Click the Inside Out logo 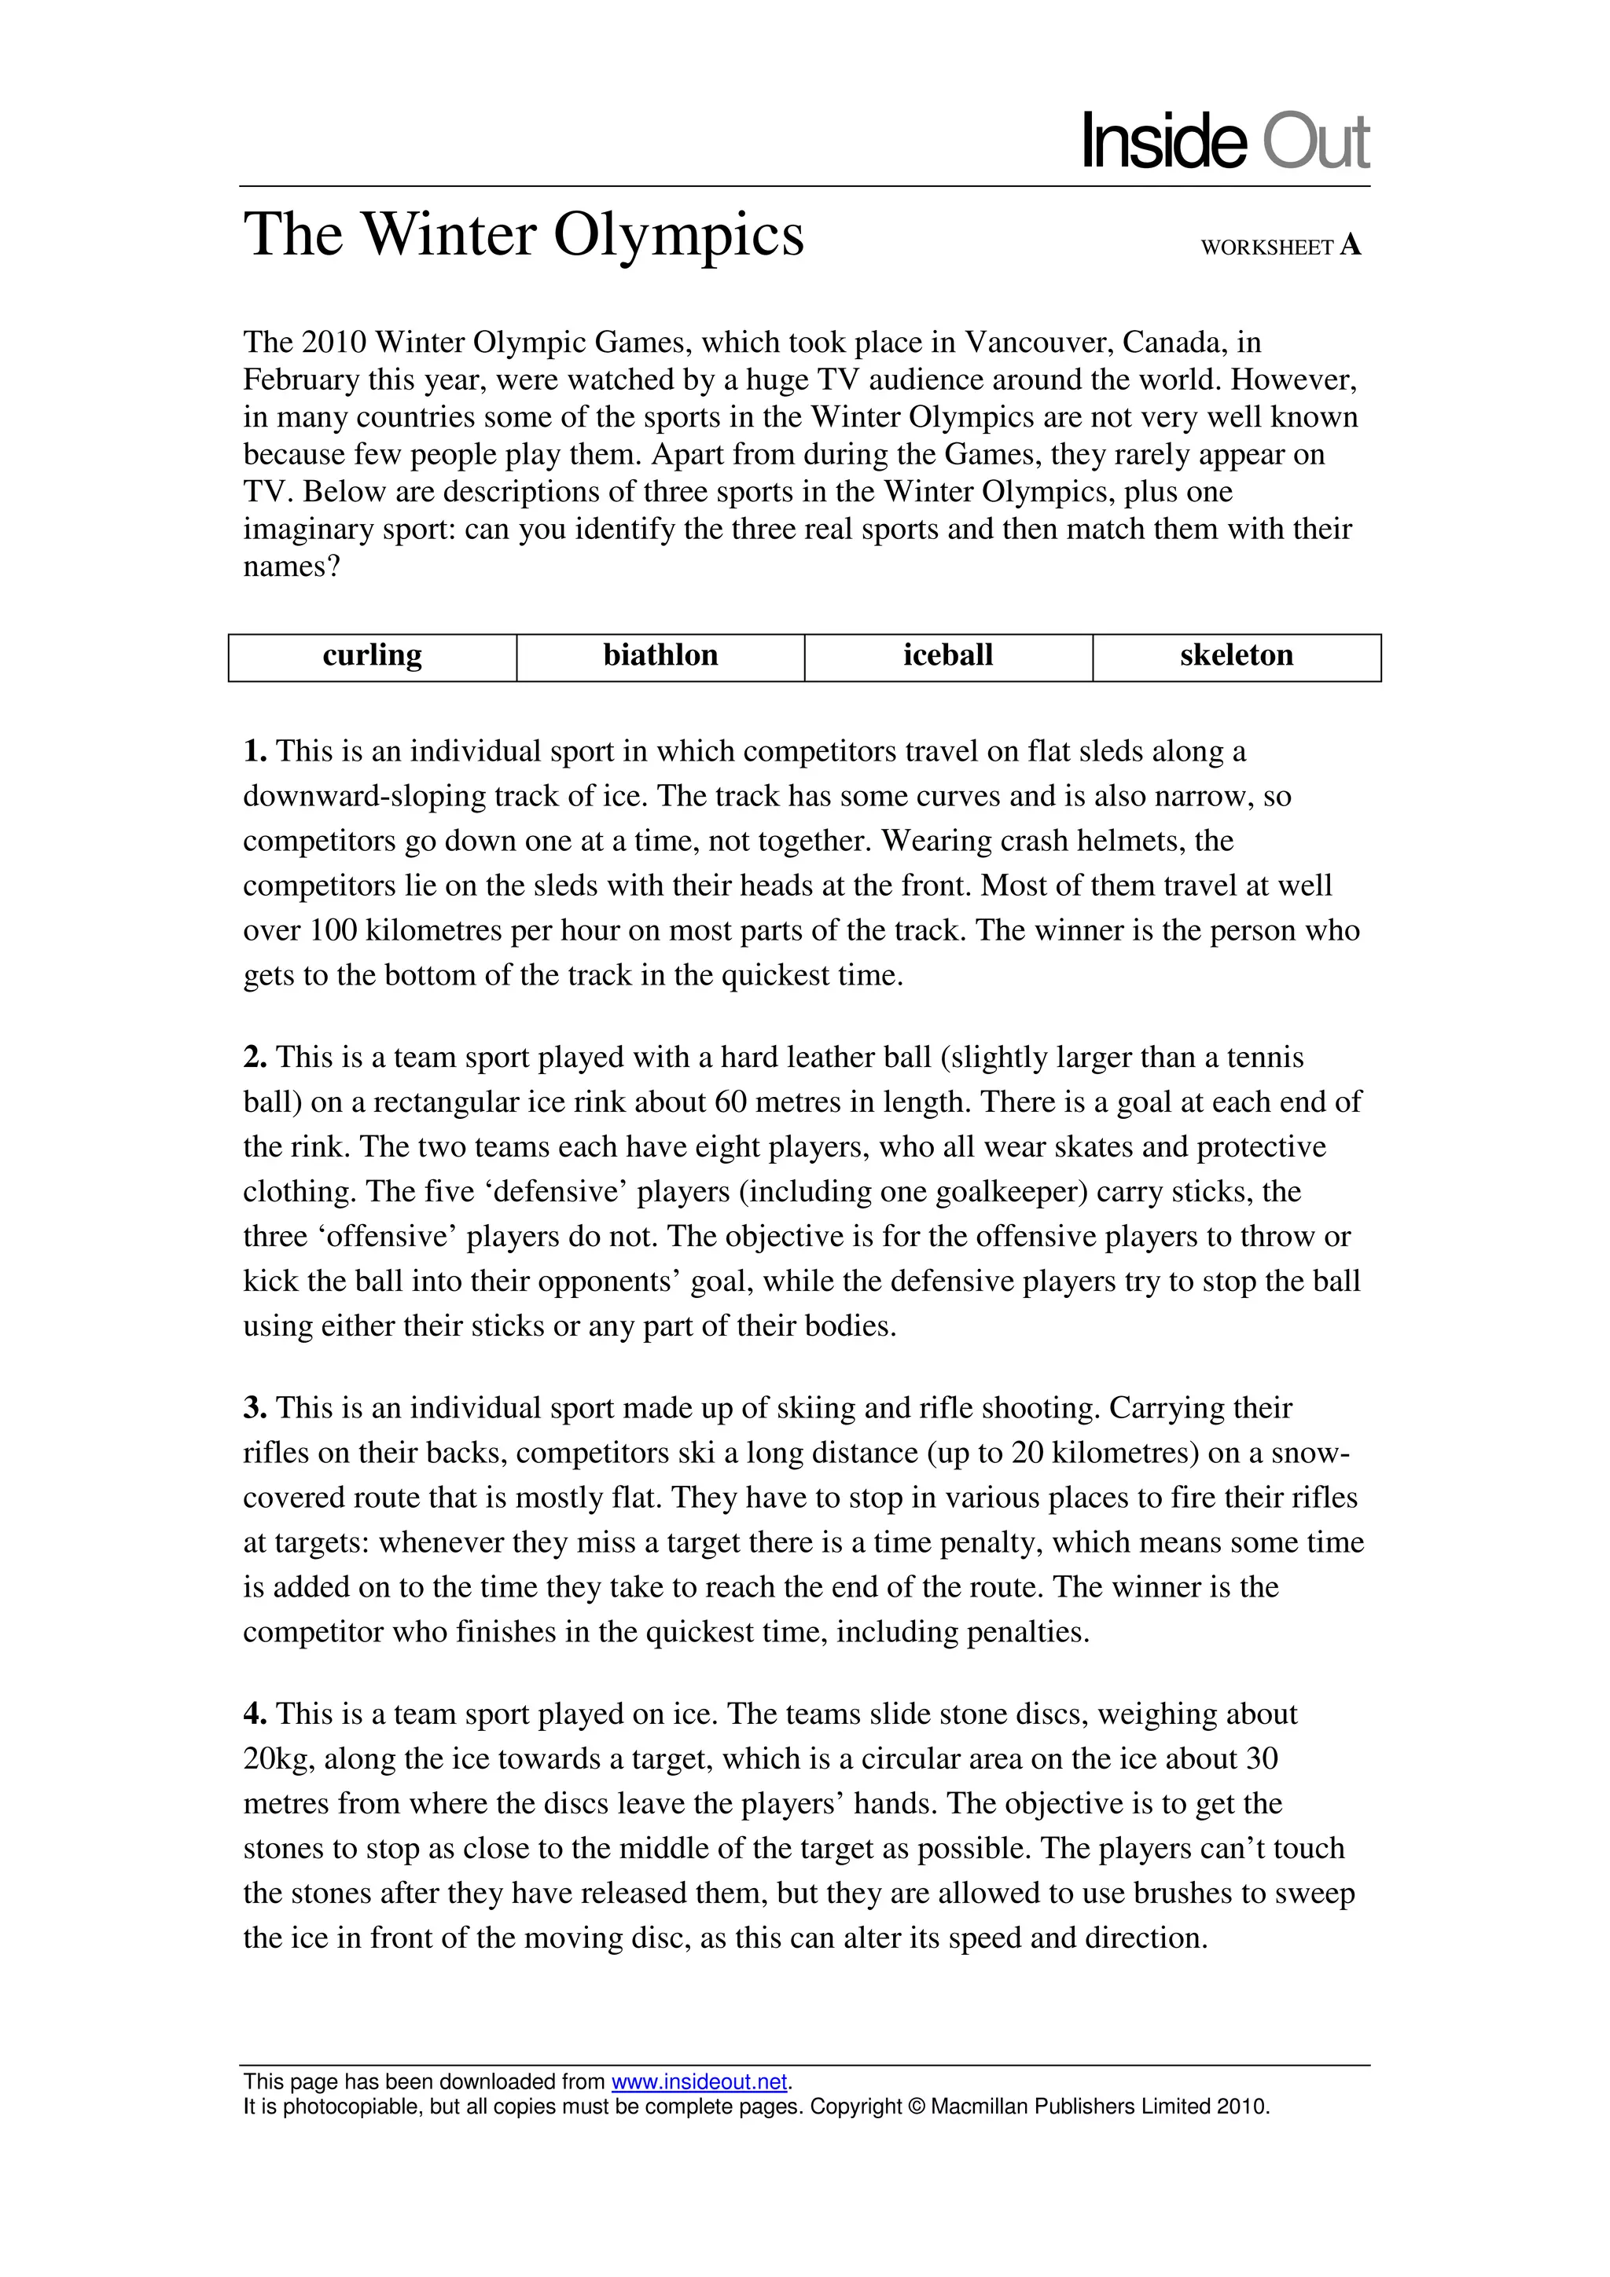(x=1224, y=141)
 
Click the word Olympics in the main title (x=678, y=235)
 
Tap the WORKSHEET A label (x=1280, y=247)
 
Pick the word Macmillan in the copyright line (x=979, y=2106)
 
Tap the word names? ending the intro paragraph (x=292, y=567)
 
